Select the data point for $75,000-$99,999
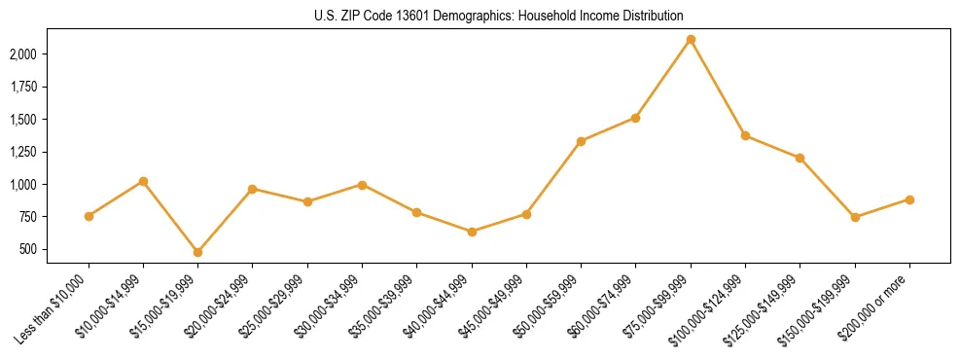(x=691, y=40)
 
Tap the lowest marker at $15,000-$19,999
(x=198, y=252)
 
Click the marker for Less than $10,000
(x=89, y=216)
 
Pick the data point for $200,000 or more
(x=909, y=199)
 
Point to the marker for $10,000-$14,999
(x=144, y=181)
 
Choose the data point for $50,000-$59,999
(x=581, y=141)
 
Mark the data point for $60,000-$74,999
(x=635, y=118)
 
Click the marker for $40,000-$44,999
(x=472, y=232)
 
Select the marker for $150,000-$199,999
(x=855, y=217)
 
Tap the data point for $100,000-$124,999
(x=745, y=135)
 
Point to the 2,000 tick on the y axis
(x=47, y=54)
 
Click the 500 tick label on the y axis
(x=54, y=249)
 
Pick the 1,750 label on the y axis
(x=47, y=87)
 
